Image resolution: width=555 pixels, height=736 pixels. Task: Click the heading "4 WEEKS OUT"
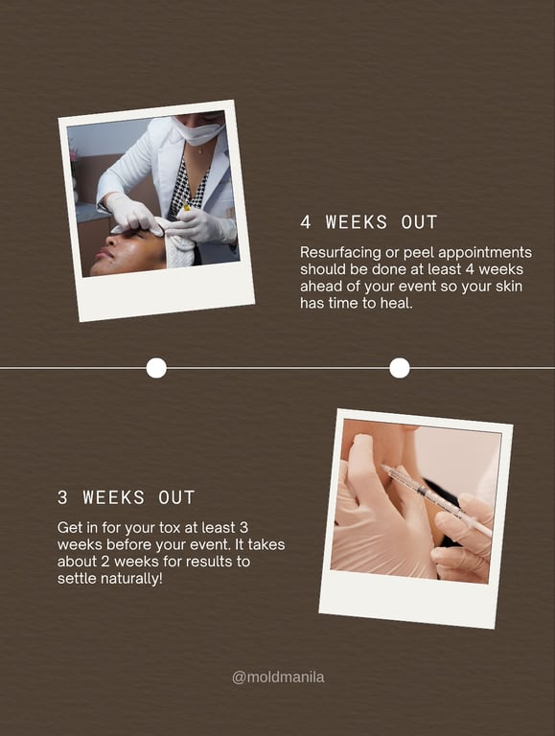coord(369,222)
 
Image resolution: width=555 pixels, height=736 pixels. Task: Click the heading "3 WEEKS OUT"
coord(126,497)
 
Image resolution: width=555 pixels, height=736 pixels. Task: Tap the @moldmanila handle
coord(278,678)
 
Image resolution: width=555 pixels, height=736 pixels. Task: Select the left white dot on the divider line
coord(156,368)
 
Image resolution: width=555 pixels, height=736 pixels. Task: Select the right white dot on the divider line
coord(400,368)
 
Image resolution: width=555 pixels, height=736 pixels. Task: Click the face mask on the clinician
coord(199,131)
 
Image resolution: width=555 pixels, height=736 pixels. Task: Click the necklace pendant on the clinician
coord(201,151)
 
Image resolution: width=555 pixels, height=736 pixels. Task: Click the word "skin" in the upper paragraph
coord(509,287)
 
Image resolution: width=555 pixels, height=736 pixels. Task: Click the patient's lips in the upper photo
coord(102,256)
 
